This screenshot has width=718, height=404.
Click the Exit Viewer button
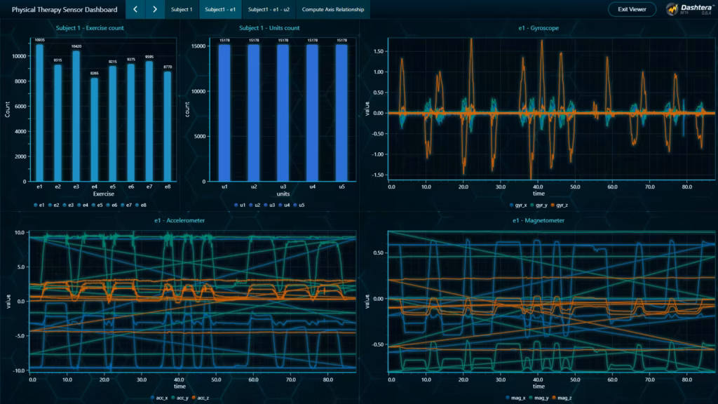[632, 10]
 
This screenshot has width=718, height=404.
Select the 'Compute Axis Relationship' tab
[332, 10]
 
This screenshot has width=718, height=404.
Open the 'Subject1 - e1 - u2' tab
[269, 10]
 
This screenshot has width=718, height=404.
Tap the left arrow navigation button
[135, 10]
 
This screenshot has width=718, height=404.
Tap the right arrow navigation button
[154, 10]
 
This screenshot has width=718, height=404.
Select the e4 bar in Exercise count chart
[94, 129]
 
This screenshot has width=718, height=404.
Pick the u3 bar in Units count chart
[283, 112]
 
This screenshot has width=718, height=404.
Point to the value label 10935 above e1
[39, 40]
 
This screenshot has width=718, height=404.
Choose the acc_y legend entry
[182, 398]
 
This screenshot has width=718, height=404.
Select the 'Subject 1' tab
[182, 10]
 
